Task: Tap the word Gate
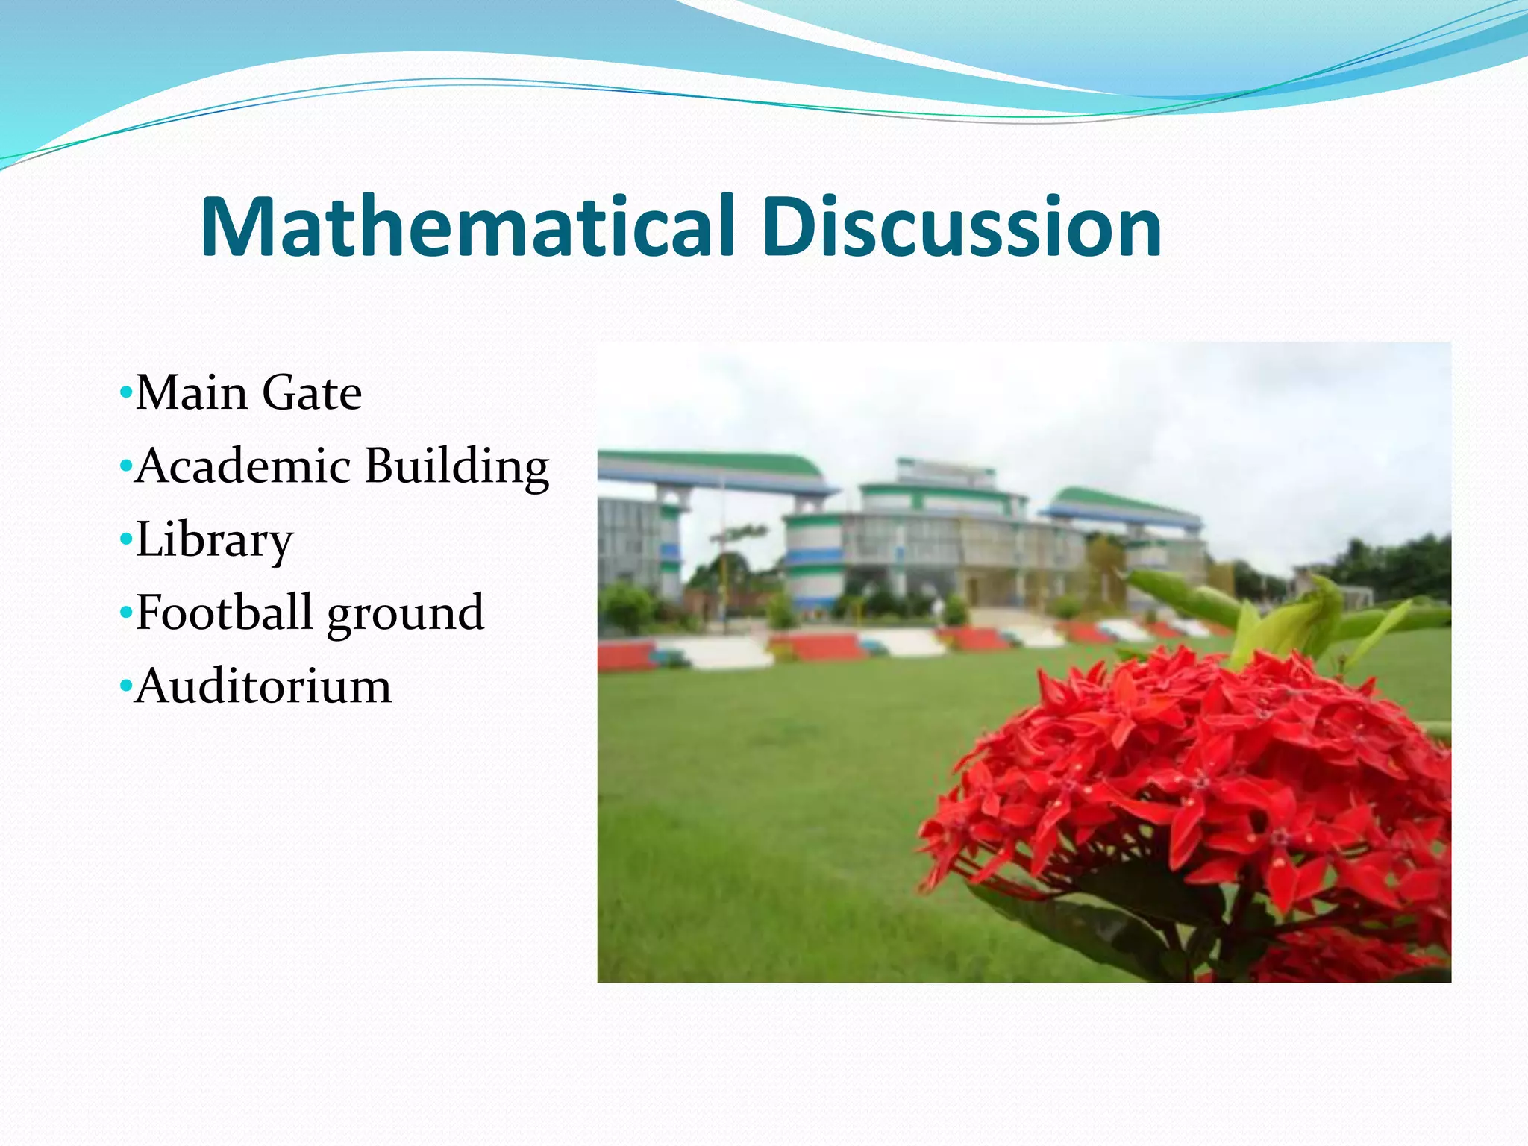tap(312, 393)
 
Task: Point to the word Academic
tap(243, 466)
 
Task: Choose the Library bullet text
tap(215, 540)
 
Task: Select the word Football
tap(224, 613)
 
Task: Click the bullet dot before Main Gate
tap(125, 392)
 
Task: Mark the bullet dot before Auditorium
tap(125, 684)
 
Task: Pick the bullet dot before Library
tap(125, 538)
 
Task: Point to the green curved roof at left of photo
tap(716, 464)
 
